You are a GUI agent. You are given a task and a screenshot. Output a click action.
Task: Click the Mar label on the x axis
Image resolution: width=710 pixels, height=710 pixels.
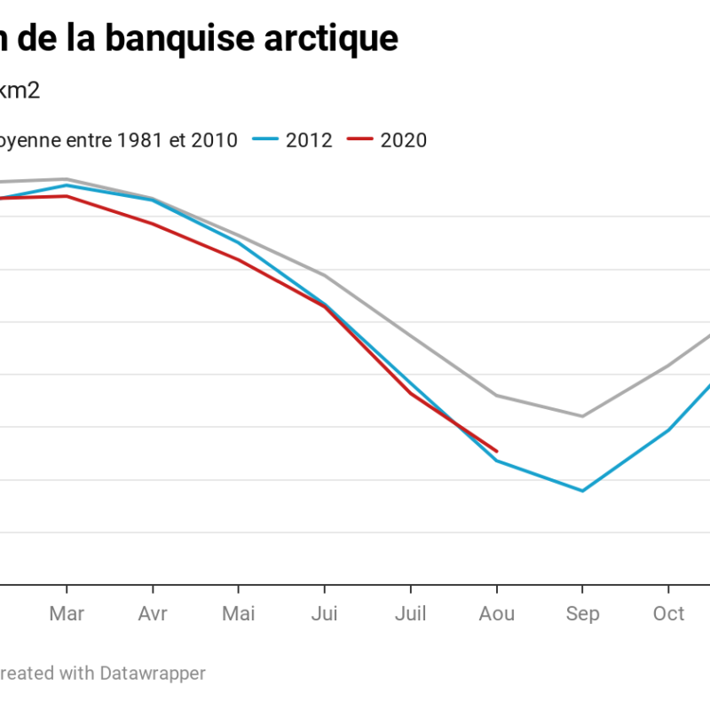(x=67, y=614)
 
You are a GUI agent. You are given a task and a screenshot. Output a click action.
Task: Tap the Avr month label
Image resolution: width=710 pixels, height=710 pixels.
(x=153, y=614)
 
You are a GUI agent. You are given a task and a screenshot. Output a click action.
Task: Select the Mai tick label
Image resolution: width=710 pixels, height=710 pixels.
(x=238, y=614)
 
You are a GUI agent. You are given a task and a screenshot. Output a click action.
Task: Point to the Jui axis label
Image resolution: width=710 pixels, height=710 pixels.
(x=324, y=614)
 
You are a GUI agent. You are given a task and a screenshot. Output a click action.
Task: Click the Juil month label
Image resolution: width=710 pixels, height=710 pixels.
(x=410, y=614)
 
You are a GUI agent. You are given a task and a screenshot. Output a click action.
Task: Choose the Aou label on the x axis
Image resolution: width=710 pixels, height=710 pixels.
(x=496, y=614)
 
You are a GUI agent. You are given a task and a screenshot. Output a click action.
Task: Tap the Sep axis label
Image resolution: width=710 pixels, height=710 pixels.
(x=582, y=614)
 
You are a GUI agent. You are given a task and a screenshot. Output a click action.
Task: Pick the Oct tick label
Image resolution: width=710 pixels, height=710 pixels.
(x=668, y=614)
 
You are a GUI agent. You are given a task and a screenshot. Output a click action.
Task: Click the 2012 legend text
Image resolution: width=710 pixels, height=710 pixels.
(x=309, y=140)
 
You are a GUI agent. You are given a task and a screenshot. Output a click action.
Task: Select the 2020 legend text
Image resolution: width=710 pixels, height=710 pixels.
(x=403, y=140)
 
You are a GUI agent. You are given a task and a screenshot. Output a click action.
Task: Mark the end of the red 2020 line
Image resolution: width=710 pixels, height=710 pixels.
(x=497, y=451)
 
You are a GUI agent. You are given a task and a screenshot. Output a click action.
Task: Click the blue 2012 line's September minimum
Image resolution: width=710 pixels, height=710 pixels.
(x=582, y=491)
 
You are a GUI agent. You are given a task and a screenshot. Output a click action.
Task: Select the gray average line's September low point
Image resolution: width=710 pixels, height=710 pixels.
(x=582, y=415)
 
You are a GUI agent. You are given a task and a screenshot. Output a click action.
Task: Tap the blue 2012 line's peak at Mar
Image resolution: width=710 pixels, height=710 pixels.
(x=67, y=185)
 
